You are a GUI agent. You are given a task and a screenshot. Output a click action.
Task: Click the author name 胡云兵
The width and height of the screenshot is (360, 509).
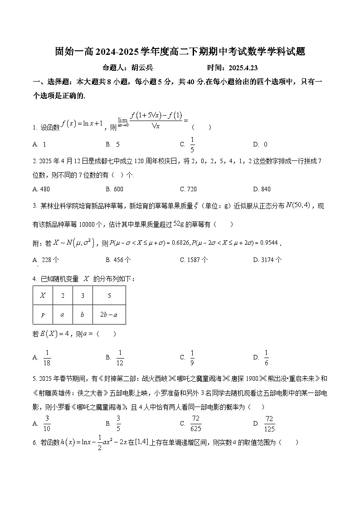[x=142, y=68]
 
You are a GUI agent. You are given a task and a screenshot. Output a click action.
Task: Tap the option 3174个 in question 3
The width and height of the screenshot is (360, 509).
[x=271, y=260]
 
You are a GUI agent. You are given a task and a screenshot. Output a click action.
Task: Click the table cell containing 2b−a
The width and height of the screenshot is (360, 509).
[x=109, y=315]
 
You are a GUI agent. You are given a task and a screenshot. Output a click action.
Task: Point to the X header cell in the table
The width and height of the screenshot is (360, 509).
[x=43, y=296]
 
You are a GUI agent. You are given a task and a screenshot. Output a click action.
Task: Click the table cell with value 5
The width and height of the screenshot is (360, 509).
[x=109, y=296]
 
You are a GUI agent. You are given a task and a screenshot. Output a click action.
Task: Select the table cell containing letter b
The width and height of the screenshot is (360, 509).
[x=83, y=315]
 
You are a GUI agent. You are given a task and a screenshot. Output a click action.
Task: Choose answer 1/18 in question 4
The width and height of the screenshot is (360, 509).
[x=47, y=358]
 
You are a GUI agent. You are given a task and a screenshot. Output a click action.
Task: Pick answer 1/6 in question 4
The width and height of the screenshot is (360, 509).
[x=267, y=358]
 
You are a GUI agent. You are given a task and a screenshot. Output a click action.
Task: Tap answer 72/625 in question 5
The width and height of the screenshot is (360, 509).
[x=196, y=423]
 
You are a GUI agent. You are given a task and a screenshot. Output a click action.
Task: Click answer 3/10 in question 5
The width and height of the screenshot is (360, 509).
[x=47, y=423]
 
